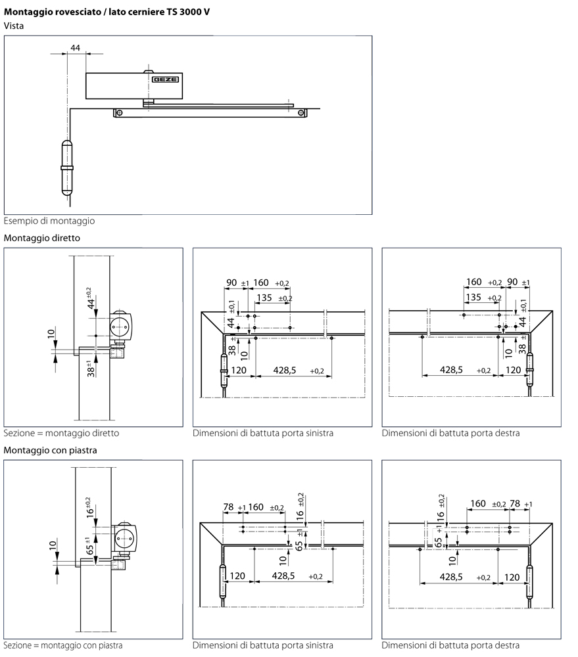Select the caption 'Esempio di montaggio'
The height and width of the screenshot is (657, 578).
coord(49,221)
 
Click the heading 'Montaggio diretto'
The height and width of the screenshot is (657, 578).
coord(41,238)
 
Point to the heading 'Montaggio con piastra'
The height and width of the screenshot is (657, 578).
coord(51,451)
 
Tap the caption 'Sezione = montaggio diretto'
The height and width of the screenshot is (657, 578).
coord(61,434)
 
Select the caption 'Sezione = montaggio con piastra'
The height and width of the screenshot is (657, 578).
coord(63,646)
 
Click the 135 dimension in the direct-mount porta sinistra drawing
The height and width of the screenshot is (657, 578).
coord(264,298)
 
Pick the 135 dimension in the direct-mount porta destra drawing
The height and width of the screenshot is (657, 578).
coord(473,298)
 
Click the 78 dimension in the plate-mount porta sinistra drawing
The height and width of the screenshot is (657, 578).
coord(229,507)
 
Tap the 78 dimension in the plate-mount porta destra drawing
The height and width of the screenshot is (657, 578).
coord(515,504)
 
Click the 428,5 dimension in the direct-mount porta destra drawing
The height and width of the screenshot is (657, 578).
coord(451,370)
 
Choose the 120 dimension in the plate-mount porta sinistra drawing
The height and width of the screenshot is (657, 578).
coord(237,576)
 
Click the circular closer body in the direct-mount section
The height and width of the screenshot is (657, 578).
coord(120,324)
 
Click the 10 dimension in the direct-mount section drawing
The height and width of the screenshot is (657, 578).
coord(51,334)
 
